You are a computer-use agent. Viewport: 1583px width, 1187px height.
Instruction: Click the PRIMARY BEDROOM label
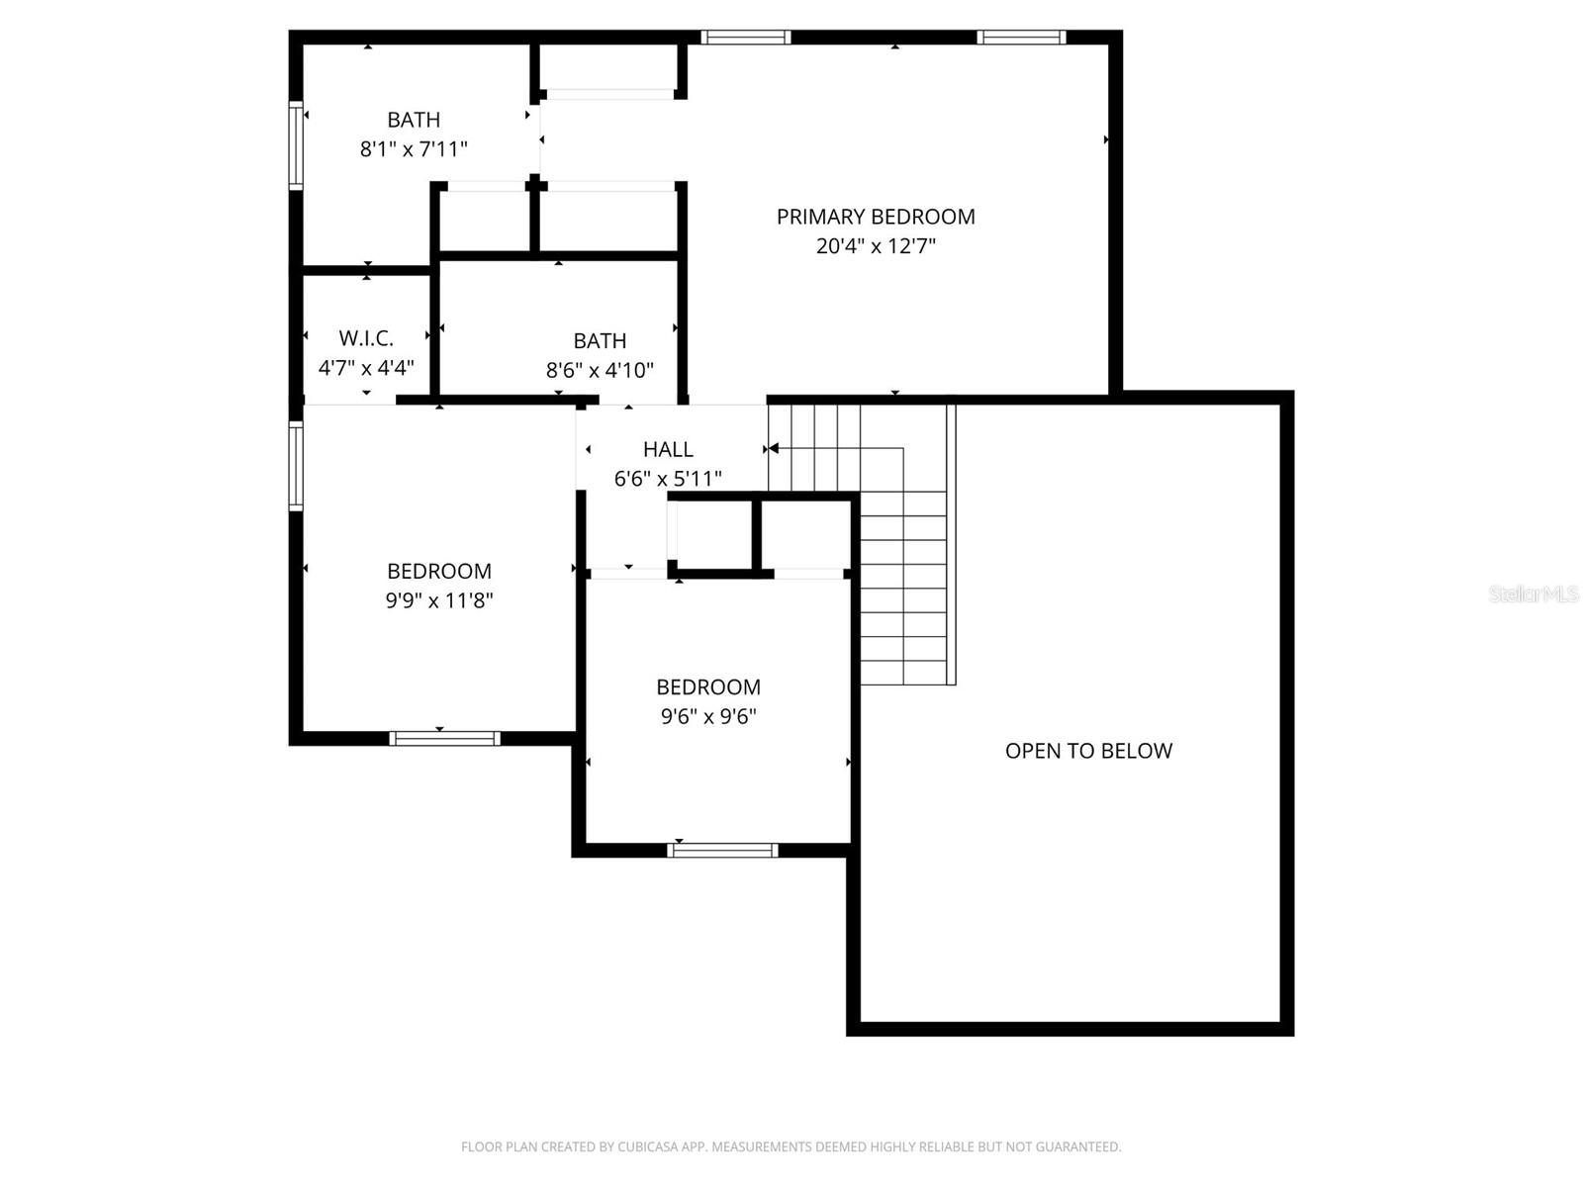point(876,217)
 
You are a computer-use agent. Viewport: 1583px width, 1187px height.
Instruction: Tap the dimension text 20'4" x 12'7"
point(876,246)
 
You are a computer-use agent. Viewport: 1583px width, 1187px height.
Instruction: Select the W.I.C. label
point(366,338)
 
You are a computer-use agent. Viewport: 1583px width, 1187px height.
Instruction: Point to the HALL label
point(668,449)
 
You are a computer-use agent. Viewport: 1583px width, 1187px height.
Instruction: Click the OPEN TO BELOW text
point(1088,751)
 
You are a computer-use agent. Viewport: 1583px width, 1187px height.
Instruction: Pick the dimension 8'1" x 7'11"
point(414,149)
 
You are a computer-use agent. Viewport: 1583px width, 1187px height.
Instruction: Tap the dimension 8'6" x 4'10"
point(600,371)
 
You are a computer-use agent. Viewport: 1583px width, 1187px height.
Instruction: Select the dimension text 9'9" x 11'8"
point(439,600)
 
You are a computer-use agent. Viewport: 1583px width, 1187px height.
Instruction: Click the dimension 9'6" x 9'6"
point(708,716)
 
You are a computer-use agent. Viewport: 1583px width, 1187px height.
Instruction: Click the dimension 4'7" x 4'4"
point(366,368)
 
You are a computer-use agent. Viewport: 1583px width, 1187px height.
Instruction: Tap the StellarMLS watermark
point(1534,594)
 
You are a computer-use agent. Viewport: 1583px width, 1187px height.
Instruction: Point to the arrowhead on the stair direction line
point(774,449)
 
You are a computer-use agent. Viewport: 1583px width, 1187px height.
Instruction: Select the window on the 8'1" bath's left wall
point(295,144)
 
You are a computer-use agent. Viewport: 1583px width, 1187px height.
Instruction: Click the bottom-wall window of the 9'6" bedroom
point(723,850)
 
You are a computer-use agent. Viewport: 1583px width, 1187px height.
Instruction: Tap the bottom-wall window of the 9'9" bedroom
point(444,738)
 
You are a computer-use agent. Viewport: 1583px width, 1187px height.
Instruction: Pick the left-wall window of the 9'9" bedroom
point(295,466)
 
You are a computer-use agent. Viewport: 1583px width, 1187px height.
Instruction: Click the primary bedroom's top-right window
point(1021,38)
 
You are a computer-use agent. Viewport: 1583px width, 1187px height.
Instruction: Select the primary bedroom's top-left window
point(746,38)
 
